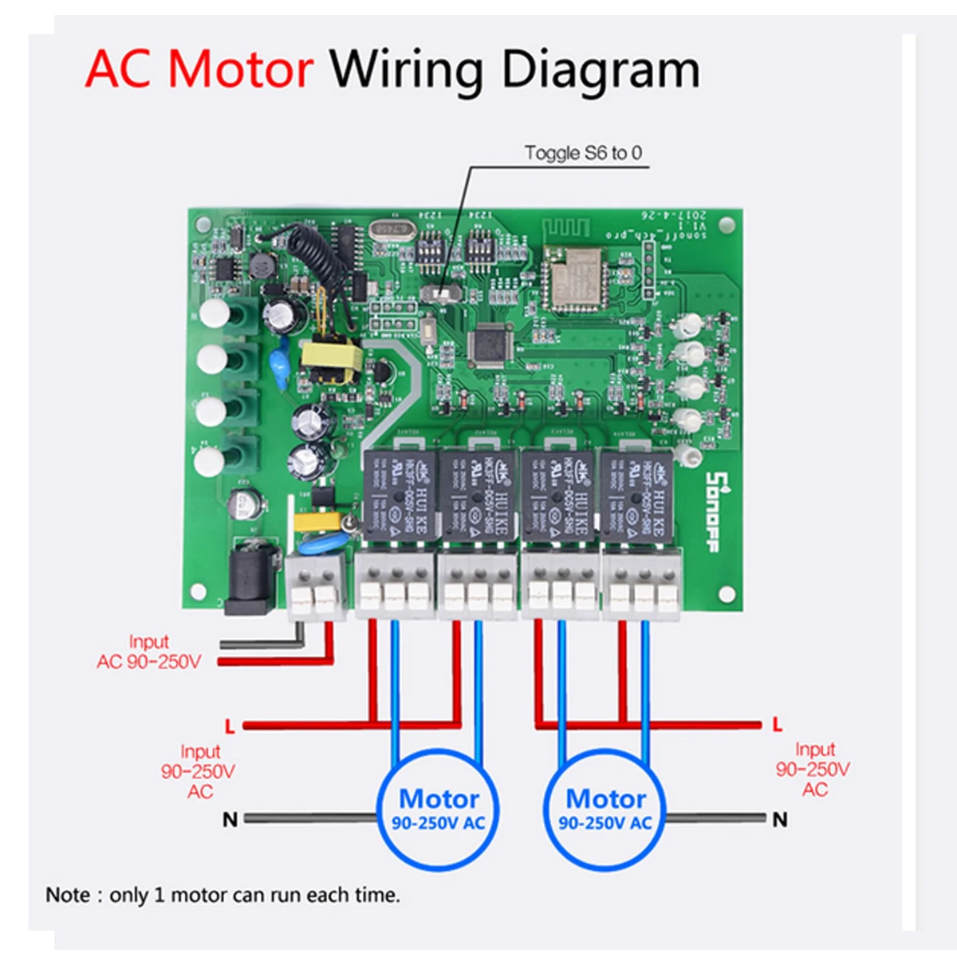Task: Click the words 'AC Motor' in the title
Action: tap(199, 69)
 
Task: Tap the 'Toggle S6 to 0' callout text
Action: tap(583, 153)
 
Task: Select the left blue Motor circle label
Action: tap(439, 809)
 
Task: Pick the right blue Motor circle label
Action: tap(605, 809)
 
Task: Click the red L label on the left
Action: tap(230, 726)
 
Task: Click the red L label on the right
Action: tap(778, 724)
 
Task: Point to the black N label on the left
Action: tap(230, 819)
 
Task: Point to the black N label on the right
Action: tap(780, 819)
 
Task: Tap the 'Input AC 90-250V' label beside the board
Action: tap(149, 652)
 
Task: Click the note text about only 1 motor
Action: tap(223, 895)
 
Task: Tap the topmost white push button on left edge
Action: tap(215, 313)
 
